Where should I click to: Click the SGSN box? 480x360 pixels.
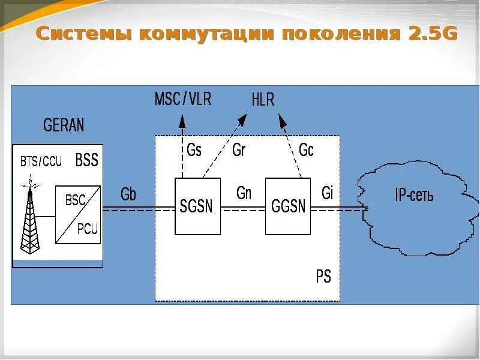tap(197, 206)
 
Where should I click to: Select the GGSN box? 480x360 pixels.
tap(288, 206)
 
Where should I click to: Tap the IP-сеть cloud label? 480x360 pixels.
tap(414, 196)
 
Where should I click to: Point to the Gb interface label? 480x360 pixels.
tap(128, 194)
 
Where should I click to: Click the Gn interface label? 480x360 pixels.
tap(244, 193)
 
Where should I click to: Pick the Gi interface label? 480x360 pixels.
tap(327, 193)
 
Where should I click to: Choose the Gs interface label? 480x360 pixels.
tap(194, 150)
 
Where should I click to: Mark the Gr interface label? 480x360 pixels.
tap(238, 150)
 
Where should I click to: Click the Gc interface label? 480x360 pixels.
tap(306, 150)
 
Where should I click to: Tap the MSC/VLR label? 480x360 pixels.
tap(183, 99)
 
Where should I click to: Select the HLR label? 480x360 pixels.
tap(263, 100)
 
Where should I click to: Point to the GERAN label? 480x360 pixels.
tap(64, 125)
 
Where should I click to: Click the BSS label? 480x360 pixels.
tap(86, 160)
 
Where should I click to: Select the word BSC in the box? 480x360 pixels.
tap(75, 200)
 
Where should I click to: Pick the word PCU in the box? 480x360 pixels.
tap(88, 229)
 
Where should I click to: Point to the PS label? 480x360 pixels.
tap(323, 277)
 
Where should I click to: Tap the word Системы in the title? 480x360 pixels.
tap(83, 34)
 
